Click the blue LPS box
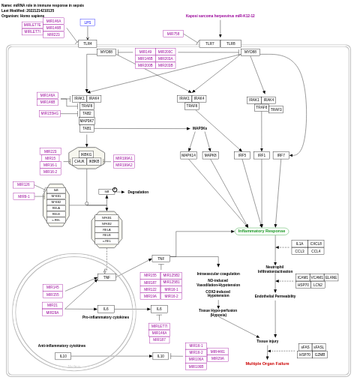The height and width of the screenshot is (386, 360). point(87,22)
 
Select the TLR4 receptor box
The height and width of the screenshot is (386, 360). point(87,43)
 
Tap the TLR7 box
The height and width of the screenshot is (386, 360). point(209,43)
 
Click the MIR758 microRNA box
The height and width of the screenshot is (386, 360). point(173,34)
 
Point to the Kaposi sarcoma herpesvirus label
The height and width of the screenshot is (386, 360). point(220,16)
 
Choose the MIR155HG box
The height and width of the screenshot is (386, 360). point(49,113)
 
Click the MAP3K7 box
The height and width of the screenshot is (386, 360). point(87,121)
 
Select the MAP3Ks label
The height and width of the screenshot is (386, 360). point(199,128)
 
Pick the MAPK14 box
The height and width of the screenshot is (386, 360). point(188,155)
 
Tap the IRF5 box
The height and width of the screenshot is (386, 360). point(242,155)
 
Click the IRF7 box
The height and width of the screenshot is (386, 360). point(280,155)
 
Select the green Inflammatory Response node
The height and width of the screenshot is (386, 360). point(261,231)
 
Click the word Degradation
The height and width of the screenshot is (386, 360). point(138,192)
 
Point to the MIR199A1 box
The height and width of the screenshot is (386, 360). point(124,158)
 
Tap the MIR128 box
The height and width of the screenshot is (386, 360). point(23,184)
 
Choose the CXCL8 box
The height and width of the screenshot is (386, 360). point(316,244)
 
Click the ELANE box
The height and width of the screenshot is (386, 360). point(331,277)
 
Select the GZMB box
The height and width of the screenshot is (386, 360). point(319,354)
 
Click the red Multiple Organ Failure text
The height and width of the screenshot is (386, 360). point(267,364)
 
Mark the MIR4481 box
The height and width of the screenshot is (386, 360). point(217,352)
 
